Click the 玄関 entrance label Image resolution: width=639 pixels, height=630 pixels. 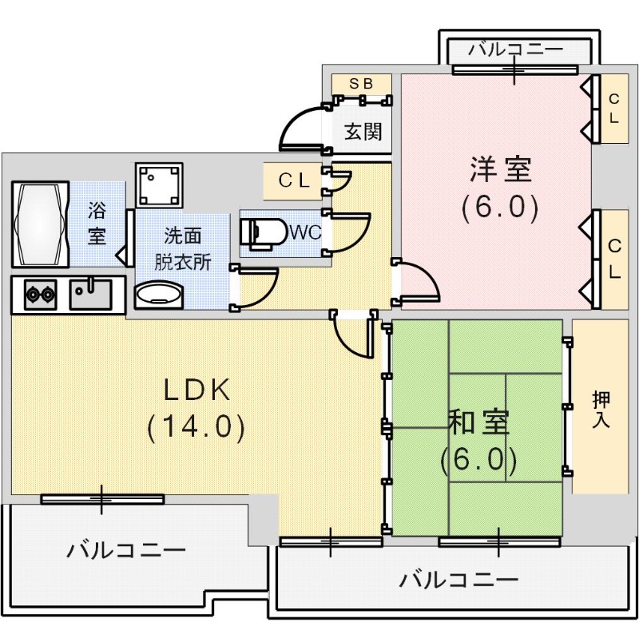pyautogui.click(x=363, y=131)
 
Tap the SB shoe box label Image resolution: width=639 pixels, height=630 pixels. pyautogui.click(x=362, y=83)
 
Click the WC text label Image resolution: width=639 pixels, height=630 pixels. pyautogui.click(x=304, y=233)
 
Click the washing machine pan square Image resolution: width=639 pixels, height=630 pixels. pyautogui.click(x=159, y=186)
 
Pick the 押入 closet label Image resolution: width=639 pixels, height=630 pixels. pyautogui.click(x=601, y=409)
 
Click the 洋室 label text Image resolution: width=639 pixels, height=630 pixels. pyautogui.click(x=501, y=169)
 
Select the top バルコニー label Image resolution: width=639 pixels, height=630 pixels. pyautogui.click(x=515, y=50)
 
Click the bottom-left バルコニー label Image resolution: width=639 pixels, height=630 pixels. pyautogui.click(x=126, y=550)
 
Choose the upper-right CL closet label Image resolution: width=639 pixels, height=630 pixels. pyautogui.click(x=613, y=108)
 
